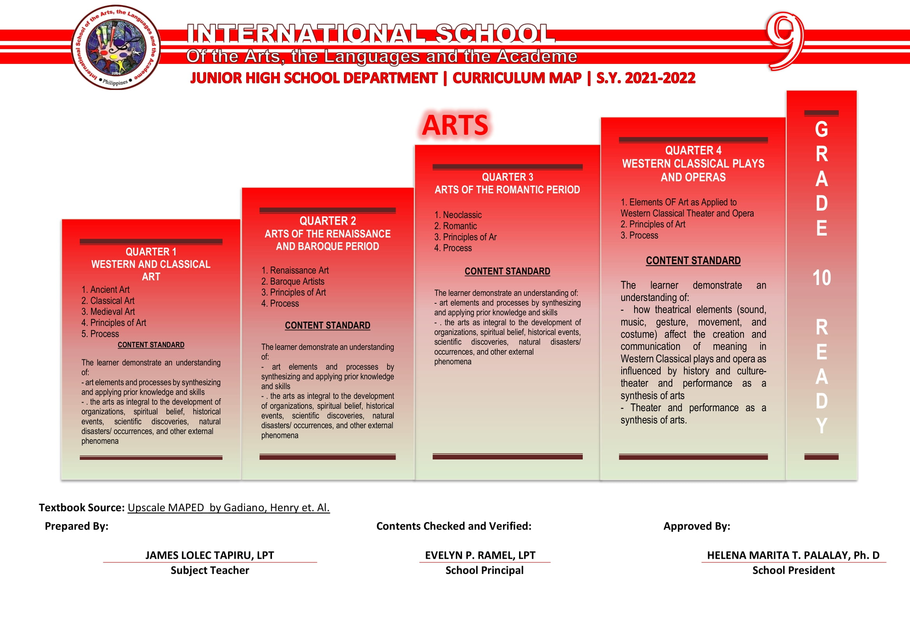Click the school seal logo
116,48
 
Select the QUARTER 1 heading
151,252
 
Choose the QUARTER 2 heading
327,221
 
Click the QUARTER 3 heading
507,177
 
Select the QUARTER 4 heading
693,151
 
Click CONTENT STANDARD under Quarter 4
693,260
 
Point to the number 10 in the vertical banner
821,278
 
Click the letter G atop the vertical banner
821,129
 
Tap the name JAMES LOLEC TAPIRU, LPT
210,555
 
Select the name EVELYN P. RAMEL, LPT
480,555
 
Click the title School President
793,570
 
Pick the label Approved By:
696,526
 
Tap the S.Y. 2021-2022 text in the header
646,78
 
